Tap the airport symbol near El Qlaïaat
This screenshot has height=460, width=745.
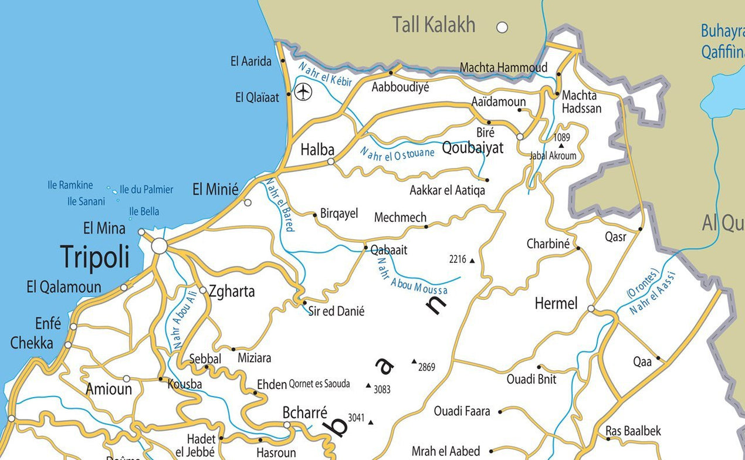tap(303, 92)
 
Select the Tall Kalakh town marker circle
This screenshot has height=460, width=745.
tap(502, 27)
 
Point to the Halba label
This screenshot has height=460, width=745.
tap(317, 150)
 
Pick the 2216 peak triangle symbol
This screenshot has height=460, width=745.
tap(472, 260)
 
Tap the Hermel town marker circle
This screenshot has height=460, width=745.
tap(591, 309)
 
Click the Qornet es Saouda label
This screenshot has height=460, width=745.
tap(319, 384)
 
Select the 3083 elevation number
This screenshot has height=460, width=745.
tap(382, 389)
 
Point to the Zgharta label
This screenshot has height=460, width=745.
tap(232, 291)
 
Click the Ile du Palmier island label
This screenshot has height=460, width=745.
tap(147, 190)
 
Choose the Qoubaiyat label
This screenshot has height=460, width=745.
tap(473, 148)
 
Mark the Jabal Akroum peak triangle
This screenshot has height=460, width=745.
tap(561, 146)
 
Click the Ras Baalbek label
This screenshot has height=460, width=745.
tap(633, 431)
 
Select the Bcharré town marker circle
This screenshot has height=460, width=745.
tap(287, 425)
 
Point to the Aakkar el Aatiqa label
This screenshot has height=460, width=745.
tap(447, 191)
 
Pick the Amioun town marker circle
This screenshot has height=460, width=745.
tap(126, 379)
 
